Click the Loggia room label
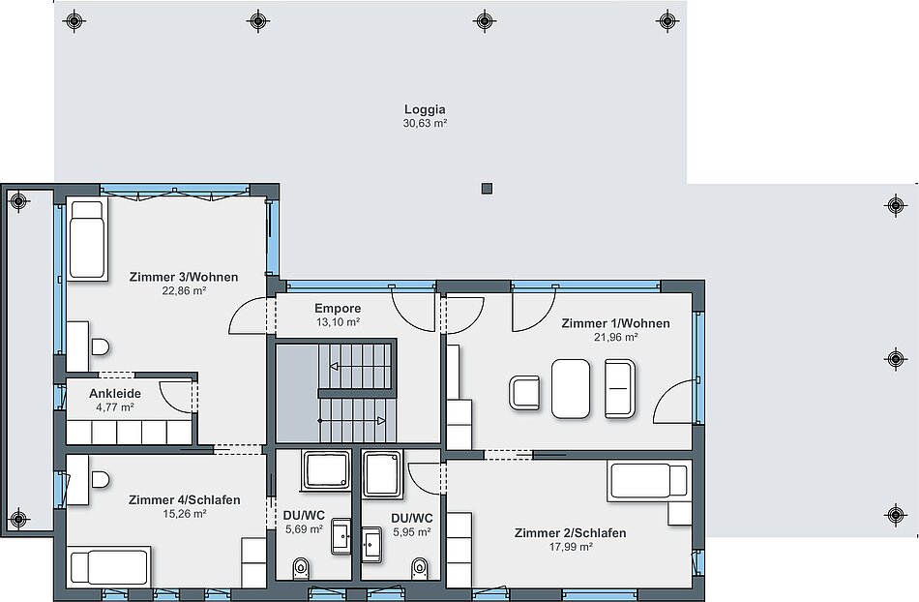point(425,109)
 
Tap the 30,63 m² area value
point(425,123)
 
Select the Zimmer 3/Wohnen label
point(184,277)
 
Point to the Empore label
point(338,309)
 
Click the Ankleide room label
point(115,393)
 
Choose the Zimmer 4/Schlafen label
point(184,500)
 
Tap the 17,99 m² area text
point(571,547)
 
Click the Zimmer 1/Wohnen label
point(615,323)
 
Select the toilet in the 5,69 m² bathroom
point(301,567)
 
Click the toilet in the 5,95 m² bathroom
point(420,567)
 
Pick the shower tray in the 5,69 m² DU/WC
point(326,470)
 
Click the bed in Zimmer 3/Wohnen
point(87,239)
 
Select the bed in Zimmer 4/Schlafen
point(108,567)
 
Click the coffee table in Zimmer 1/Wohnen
point(571,389)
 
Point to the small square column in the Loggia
point(487,189)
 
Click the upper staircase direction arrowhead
point(334,367)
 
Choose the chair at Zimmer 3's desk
point(101,347)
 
